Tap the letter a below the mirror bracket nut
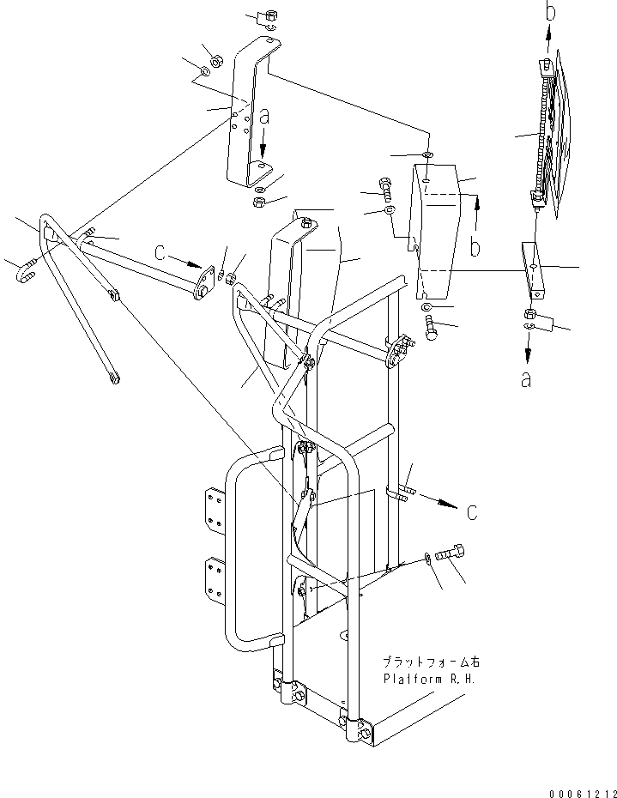click(526, 378)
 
